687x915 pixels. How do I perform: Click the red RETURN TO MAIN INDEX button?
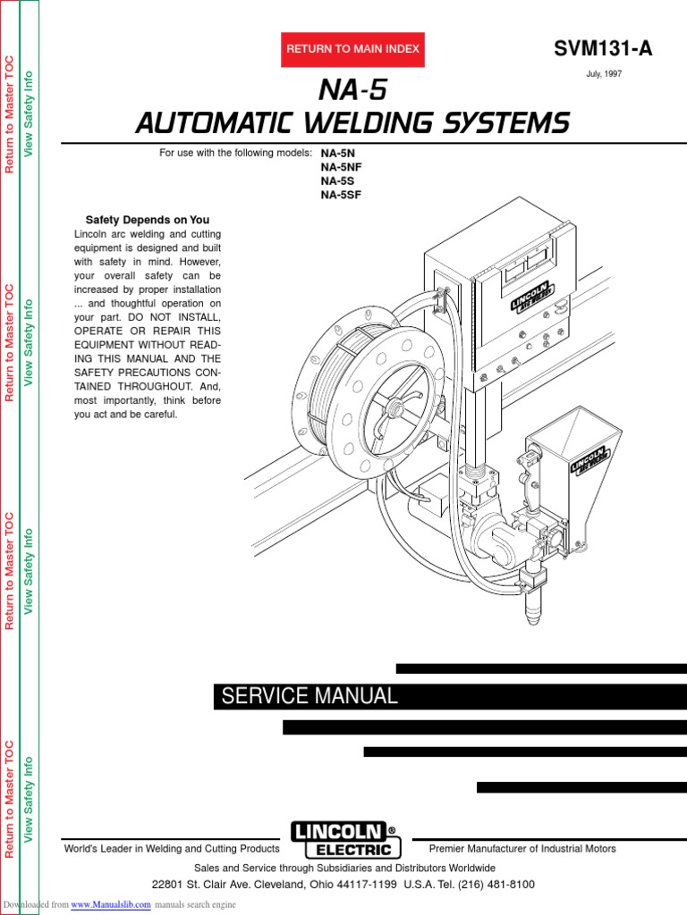click(352, 49)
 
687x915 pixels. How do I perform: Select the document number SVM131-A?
click(602, 49)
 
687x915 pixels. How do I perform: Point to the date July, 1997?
click(604, 74)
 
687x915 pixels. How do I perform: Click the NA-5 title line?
click(352, 91)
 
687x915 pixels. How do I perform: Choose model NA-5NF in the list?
click(342, 166)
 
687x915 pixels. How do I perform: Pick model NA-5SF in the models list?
click(342, 194)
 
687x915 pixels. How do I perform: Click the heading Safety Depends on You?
click(148, 220)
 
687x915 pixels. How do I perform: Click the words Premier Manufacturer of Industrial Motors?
click(522, 849)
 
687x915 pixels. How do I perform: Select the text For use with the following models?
click(235, 153)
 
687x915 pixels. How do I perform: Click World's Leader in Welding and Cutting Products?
click(172, 849)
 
